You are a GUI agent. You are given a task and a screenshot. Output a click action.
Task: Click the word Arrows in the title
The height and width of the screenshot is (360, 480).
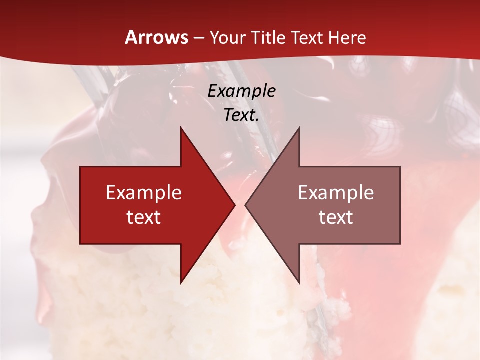(156, 37)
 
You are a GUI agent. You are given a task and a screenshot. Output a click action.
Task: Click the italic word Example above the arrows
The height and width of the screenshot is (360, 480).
(241, 91)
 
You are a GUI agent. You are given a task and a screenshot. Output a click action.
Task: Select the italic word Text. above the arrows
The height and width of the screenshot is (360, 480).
(241, 115)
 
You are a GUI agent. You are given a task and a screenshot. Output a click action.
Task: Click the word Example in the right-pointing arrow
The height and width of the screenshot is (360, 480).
(144, 192)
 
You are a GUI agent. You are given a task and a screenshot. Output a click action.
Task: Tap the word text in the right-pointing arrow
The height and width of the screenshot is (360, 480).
(144, 217)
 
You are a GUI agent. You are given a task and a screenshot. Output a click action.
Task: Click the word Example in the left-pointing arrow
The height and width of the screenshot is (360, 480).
(336, 192)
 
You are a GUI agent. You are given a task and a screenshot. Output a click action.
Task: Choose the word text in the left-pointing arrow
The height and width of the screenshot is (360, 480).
(336, 217)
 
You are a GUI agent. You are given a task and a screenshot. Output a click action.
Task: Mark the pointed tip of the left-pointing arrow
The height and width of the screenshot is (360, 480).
(246, 205)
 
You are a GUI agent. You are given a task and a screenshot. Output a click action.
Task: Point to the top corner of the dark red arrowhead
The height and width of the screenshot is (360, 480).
(181, 128)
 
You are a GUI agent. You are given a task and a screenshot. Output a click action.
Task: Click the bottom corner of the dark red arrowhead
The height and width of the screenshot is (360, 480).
(181, 283)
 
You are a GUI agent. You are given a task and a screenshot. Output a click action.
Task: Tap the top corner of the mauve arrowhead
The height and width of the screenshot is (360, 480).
(299, 128)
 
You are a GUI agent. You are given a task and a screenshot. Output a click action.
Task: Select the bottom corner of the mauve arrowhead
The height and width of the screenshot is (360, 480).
(299, 283)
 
